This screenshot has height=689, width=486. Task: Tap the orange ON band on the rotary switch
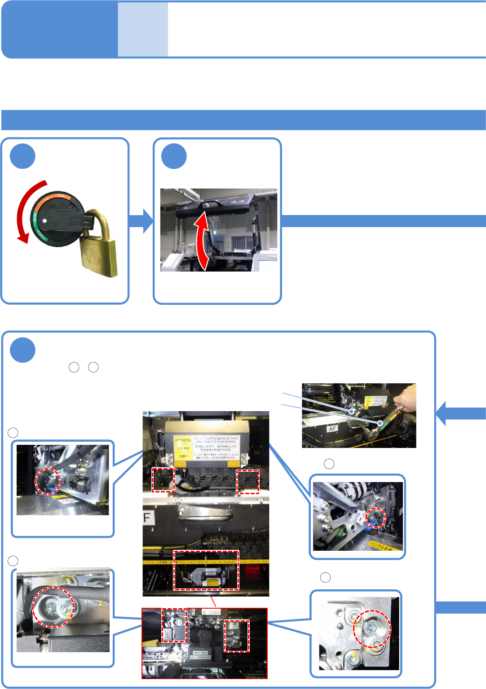point(56,197)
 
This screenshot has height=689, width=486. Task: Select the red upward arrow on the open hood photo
point(203,242)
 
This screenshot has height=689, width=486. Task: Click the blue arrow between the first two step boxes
point(142,221)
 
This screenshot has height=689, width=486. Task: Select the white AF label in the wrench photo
point(332,429)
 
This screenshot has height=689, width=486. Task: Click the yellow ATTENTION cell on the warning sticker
point(183,440)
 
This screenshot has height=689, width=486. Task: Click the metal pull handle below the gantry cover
point(206,512)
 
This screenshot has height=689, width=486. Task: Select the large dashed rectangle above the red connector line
point(206,570)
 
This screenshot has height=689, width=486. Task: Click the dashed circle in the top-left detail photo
point(48,481)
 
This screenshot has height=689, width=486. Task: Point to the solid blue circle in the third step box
point(23,350)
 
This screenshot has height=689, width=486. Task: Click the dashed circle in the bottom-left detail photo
point(53,607)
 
